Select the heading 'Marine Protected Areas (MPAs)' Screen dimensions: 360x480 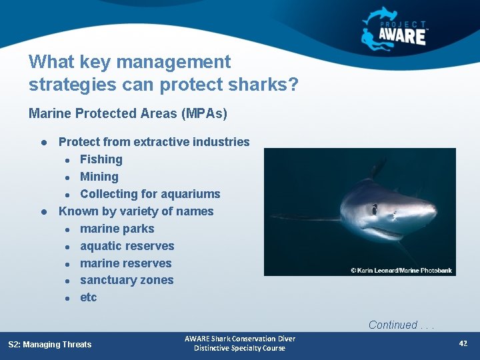pos(128,113)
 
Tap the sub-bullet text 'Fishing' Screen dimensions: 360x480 pos(101,159)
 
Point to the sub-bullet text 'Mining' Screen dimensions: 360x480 pos(99,177)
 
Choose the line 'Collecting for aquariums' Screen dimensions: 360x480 pos(150,194)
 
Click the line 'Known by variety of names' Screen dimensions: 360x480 pos(136,211)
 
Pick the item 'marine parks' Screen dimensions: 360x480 pos(117,229)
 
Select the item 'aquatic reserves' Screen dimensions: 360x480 pos(127,246)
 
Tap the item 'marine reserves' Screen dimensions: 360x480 pos(125,263)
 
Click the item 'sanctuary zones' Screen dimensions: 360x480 pos(127,280)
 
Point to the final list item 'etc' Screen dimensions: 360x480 pos(89,297)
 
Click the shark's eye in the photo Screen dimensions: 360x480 pos(374,209)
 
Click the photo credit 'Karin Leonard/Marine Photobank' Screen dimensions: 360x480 pos(402,270)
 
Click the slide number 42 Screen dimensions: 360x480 pos(463,343)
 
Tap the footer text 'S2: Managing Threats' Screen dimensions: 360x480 pos(50,345)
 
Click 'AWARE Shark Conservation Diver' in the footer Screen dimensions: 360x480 pos(240,339)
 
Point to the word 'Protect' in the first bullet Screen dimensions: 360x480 pos(78,142)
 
